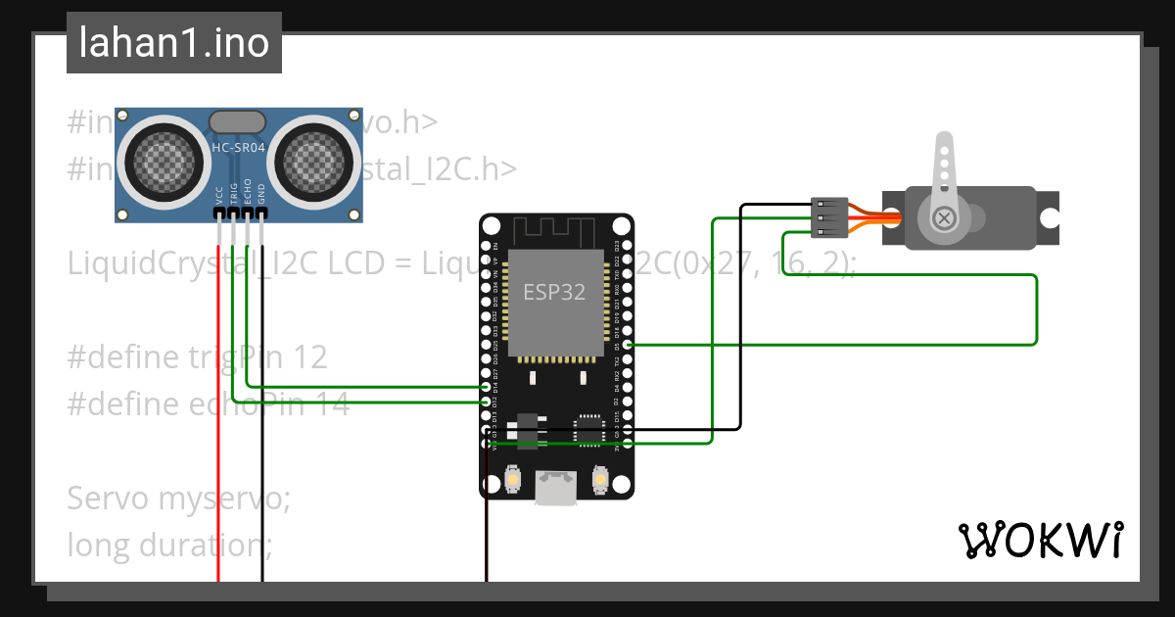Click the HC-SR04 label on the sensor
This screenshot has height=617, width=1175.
(x=237, y=149)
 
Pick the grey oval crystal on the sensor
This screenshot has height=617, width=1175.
(x=237, y=121)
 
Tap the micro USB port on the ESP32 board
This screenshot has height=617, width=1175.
(x=556, y=487)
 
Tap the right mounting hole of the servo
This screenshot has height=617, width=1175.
(x=1051, y=217)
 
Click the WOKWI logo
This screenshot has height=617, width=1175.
(x=1040, y=540)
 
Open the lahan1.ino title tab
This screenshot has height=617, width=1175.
(x=174, y=43)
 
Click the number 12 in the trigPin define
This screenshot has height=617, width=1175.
(x=309, y=356)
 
